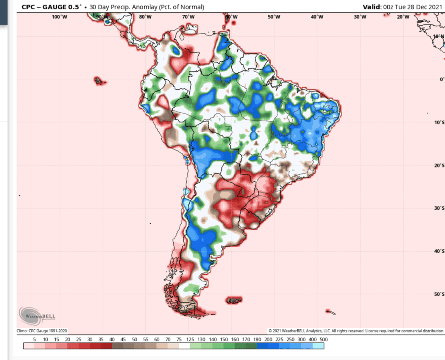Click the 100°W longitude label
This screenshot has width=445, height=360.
pos(59,17)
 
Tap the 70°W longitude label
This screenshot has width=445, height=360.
pos(188,17)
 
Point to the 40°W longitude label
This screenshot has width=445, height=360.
pos(317,17)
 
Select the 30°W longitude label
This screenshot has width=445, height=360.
pos(360,17)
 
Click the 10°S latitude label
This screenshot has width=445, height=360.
pos(440,123)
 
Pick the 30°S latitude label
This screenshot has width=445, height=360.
pos(440,208)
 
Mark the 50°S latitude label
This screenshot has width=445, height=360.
pos(440,294)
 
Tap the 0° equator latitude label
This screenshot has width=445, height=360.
pos(441,79)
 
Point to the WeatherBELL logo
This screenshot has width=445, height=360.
pos(37,315)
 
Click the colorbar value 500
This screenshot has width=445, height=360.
pos(323,339)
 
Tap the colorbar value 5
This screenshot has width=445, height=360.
pos(34,339)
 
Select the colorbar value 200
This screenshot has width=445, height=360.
pos(268,339)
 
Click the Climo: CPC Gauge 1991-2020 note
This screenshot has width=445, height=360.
pos(42,331)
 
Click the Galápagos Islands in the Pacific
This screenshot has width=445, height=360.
pos(100,81)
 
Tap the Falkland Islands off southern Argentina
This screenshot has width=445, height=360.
pos(234,300)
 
